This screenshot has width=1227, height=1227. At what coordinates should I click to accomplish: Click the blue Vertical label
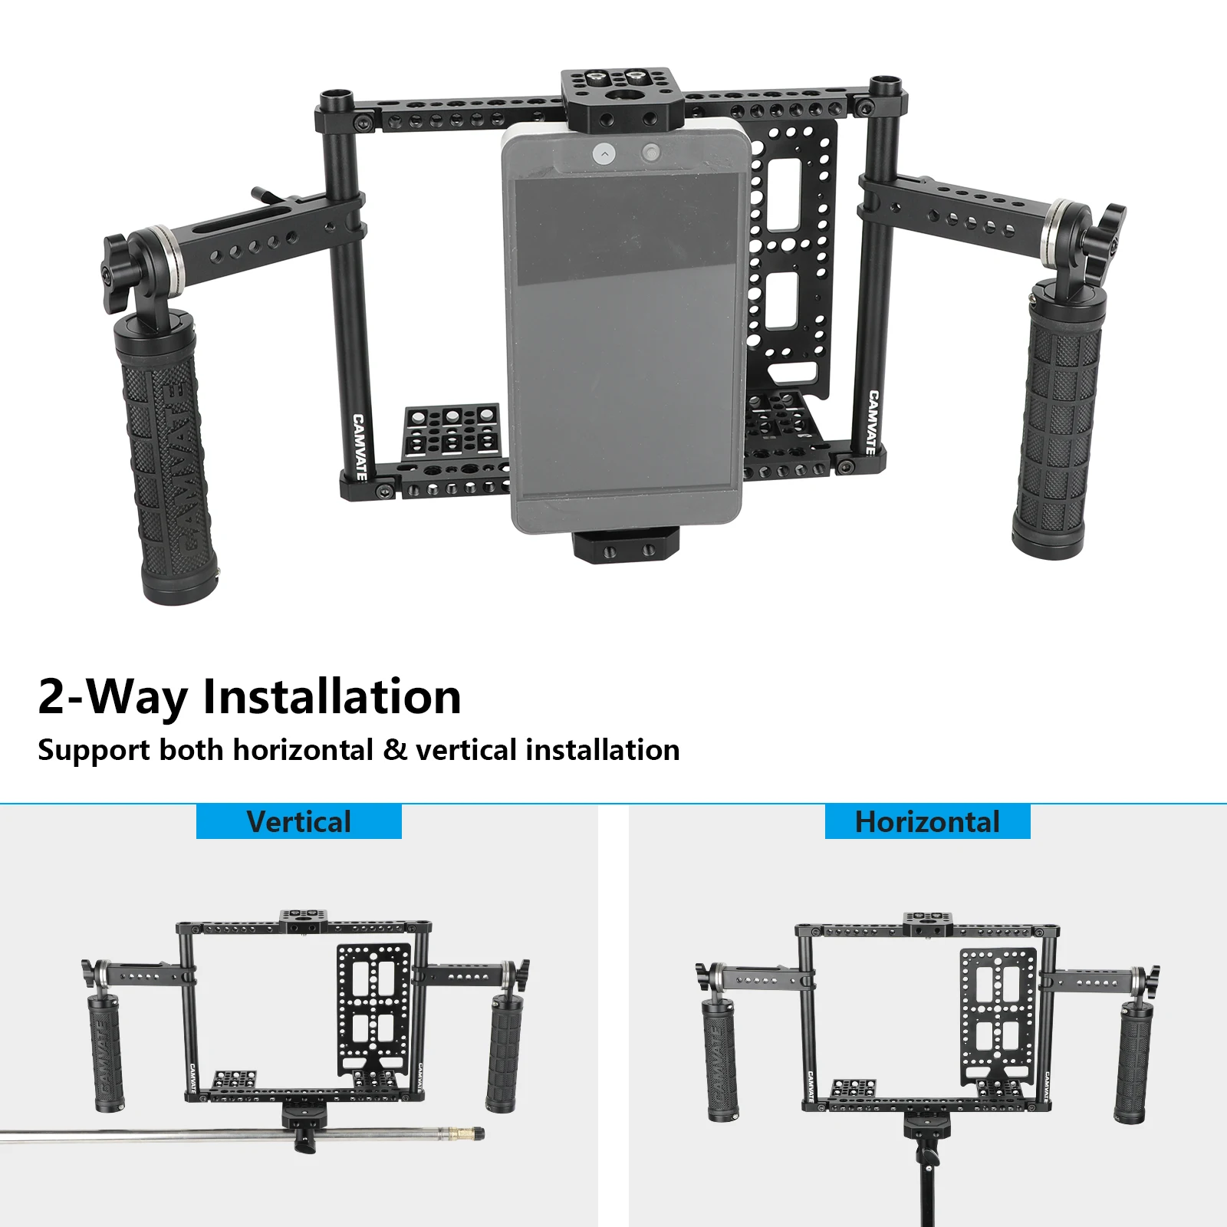click(299, 821)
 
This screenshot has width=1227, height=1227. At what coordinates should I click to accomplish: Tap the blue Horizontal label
click(927, 821)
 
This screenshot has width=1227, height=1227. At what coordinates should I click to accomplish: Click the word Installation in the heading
click(331, 696)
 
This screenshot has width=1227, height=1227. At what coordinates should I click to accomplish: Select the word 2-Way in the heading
click(113, 696)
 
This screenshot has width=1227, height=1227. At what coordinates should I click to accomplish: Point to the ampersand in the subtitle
click(394, 750)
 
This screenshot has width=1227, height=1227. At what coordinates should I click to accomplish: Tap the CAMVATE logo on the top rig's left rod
click(359, 447)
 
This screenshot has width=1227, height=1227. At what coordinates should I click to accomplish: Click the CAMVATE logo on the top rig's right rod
click(872, 422)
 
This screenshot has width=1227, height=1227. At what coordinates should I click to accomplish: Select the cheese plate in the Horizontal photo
click(997, 1012)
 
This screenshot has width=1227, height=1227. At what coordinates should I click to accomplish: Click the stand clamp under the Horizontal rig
click(926, 1127)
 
